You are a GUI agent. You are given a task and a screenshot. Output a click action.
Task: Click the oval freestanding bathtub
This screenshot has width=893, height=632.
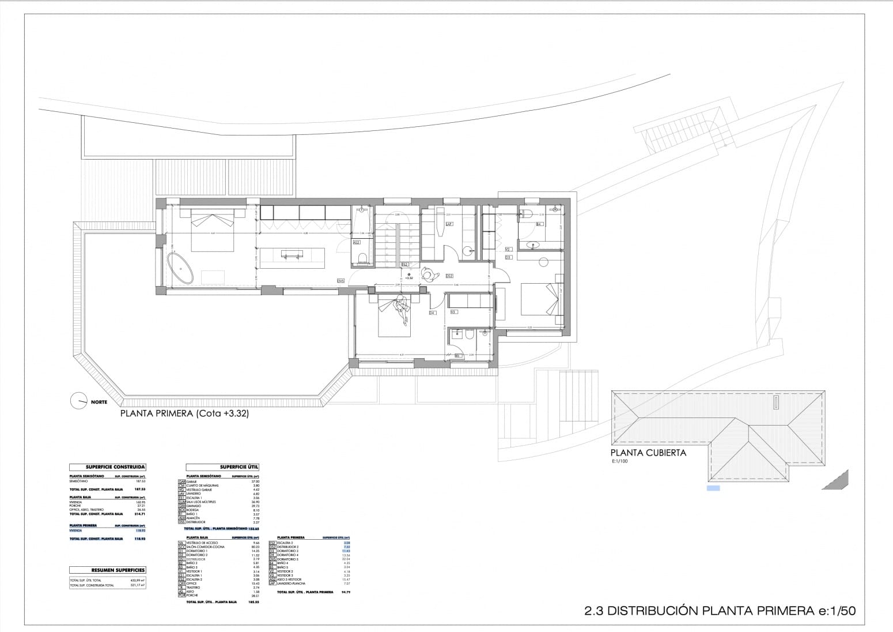180,268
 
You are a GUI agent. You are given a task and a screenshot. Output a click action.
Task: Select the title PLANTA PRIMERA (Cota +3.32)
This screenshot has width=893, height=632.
184,413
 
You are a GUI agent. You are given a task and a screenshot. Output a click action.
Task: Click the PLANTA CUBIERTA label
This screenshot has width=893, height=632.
648,453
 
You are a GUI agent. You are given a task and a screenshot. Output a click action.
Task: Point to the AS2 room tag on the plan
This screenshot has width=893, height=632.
357,243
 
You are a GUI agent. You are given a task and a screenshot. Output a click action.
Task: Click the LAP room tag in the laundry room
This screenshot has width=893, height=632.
449,224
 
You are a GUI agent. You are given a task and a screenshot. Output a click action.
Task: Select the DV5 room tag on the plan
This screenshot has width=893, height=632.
340,281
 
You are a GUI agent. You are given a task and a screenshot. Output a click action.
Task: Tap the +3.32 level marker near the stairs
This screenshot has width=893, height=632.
409,278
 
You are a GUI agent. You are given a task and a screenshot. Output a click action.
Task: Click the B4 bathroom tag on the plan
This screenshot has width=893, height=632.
539,224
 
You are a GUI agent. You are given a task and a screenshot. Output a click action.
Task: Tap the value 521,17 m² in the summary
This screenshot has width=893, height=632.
138,585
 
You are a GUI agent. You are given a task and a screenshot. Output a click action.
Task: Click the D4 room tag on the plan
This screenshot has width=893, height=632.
432,313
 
